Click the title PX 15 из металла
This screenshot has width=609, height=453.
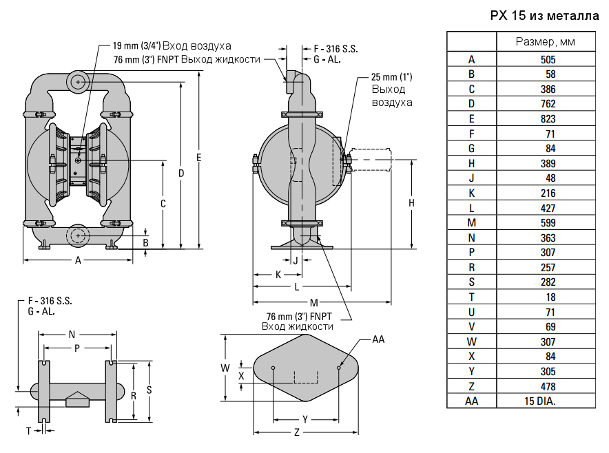(544, 15)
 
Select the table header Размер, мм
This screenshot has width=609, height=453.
(546, 42)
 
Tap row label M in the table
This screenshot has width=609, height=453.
(471, 222)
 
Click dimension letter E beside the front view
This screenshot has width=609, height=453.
(198, 158)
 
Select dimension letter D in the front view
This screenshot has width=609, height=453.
(181, 173)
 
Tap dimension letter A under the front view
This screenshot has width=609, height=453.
(78, 260)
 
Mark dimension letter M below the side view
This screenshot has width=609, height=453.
(313, 302)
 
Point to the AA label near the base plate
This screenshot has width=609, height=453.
(378, 339)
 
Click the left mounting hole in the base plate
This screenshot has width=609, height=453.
(273, 368)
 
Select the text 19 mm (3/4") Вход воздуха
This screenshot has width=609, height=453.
(172, 46)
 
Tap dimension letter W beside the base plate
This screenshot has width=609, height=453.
(225, 368)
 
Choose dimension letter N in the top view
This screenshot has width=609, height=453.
(72, 335)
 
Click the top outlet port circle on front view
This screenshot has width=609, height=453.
(79, 82)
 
